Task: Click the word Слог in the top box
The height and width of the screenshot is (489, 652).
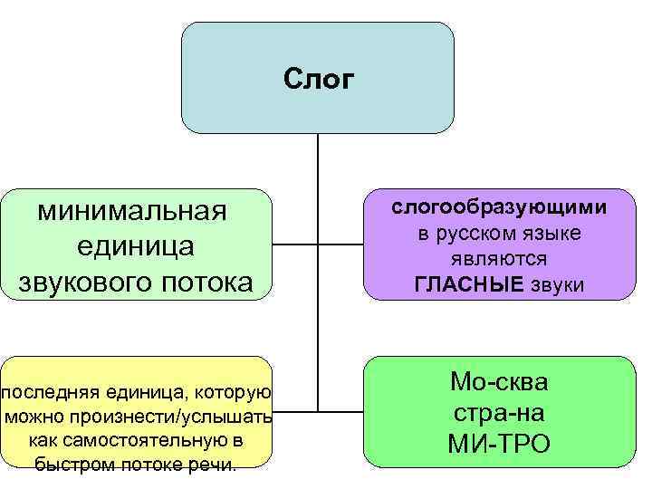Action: [318, 80]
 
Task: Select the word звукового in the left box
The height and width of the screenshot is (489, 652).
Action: [81, 283]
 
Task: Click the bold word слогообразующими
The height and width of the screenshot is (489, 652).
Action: [499, 206]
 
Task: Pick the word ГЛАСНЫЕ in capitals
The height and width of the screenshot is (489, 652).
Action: [469, 285]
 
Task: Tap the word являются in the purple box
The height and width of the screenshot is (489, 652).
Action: [499, 259]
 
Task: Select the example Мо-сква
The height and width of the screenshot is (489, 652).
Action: [498, 382]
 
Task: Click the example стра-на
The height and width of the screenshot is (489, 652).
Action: [498, 413]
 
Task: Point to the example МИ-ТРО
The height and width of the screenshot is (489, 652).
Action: [498, 444]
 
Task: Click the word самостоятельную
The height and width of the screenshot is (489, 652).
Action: [150, 441]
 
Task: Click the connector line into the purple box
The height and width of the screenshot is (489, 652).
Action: [340, 244]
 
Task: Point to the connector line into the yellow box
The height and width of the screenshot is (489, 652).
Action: [296, 409]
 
